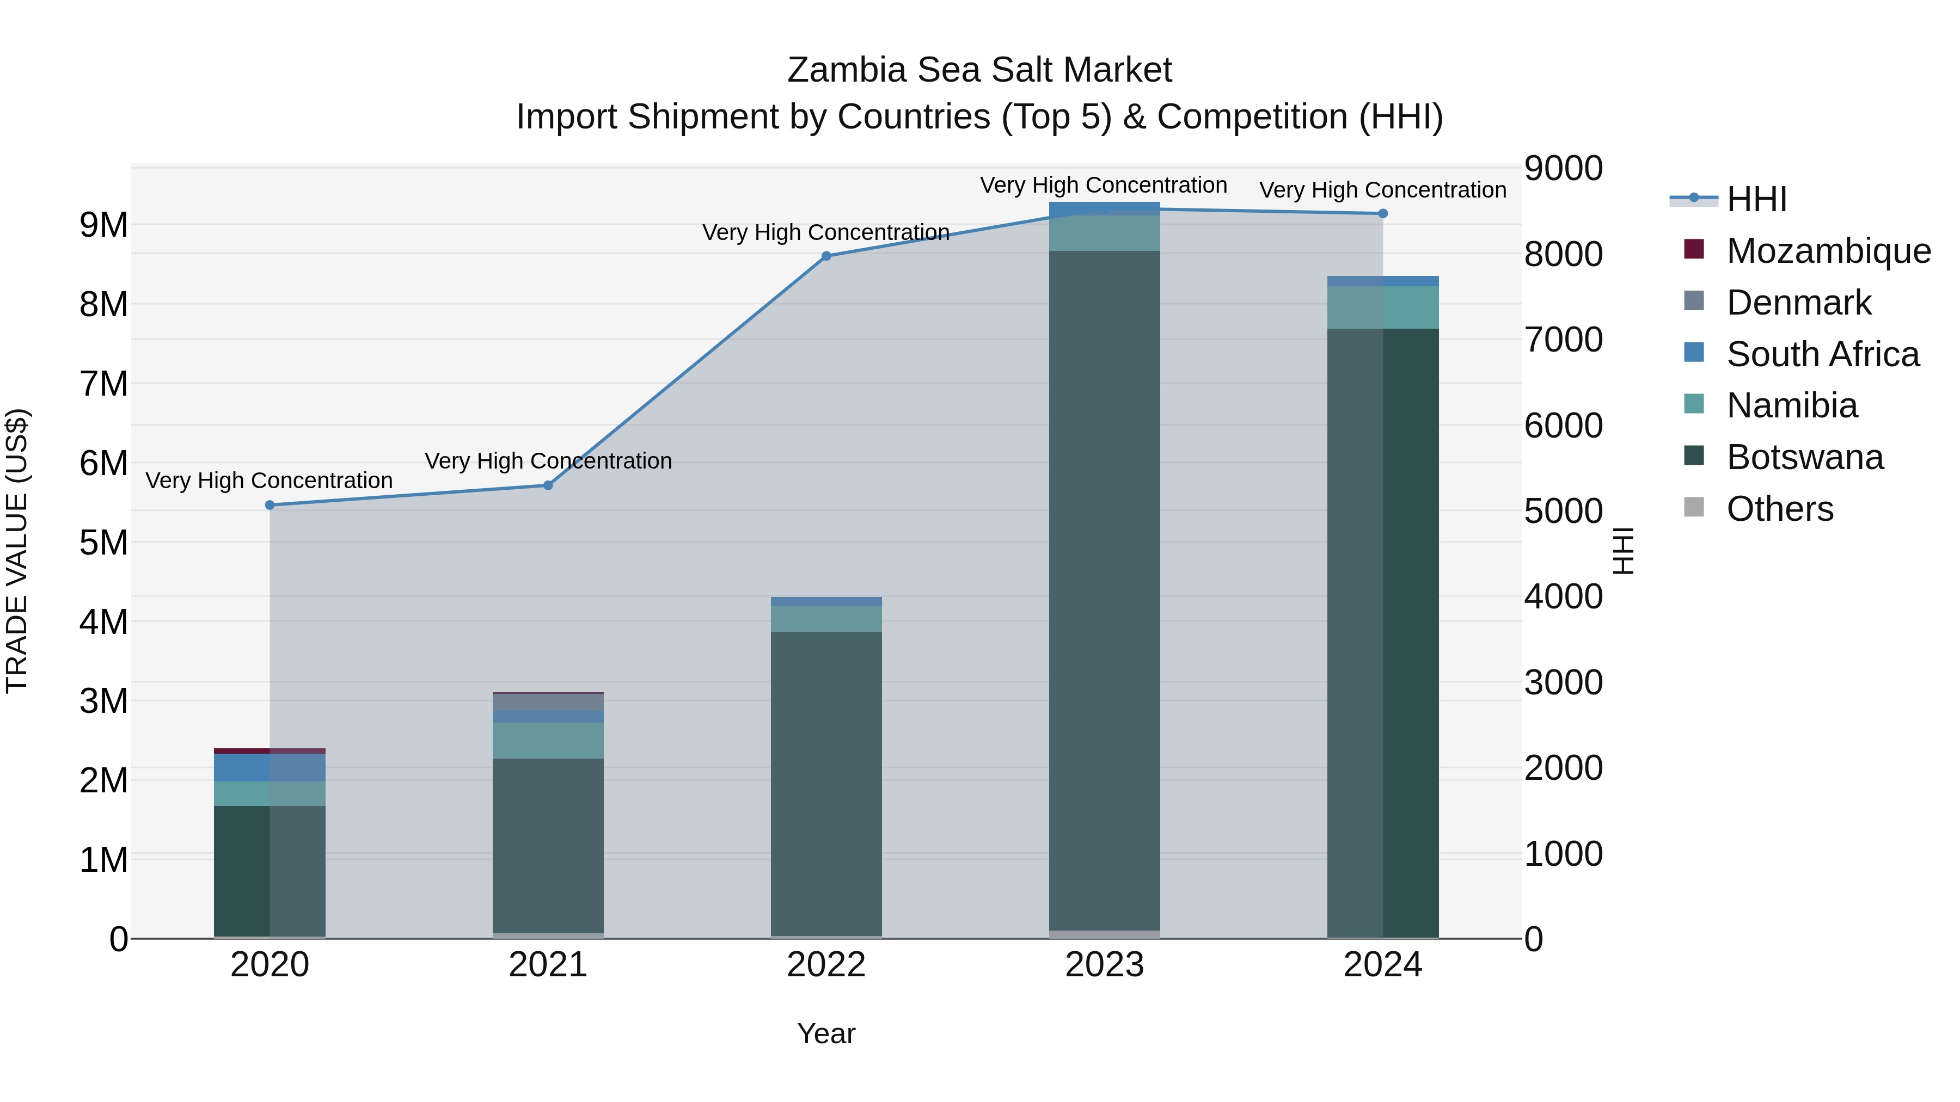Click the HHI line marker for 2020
[269, 505]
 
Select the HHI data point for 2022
[826, 256]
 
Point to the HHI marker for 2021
[548, 485]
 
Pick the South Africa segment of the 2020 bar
[269, 767]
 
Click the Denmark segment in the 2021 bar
[548, 702]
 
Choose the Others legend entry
[1780, 509]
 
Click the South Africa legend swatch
[1694, 353]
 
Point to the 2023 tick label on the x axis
[1104, 965]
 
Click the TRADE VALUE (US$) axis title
[17, 551]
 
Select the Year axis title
[826, 1033]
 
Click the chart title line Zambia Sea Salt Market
[979, 70]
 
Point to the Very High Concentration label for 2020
[269, 481]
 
